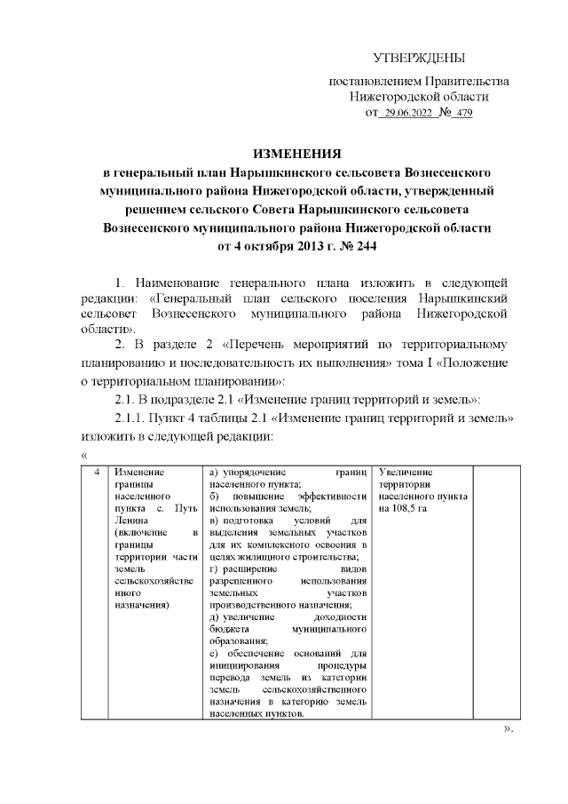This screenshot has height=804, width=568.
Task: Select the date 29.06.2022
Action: pos(406,114)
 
